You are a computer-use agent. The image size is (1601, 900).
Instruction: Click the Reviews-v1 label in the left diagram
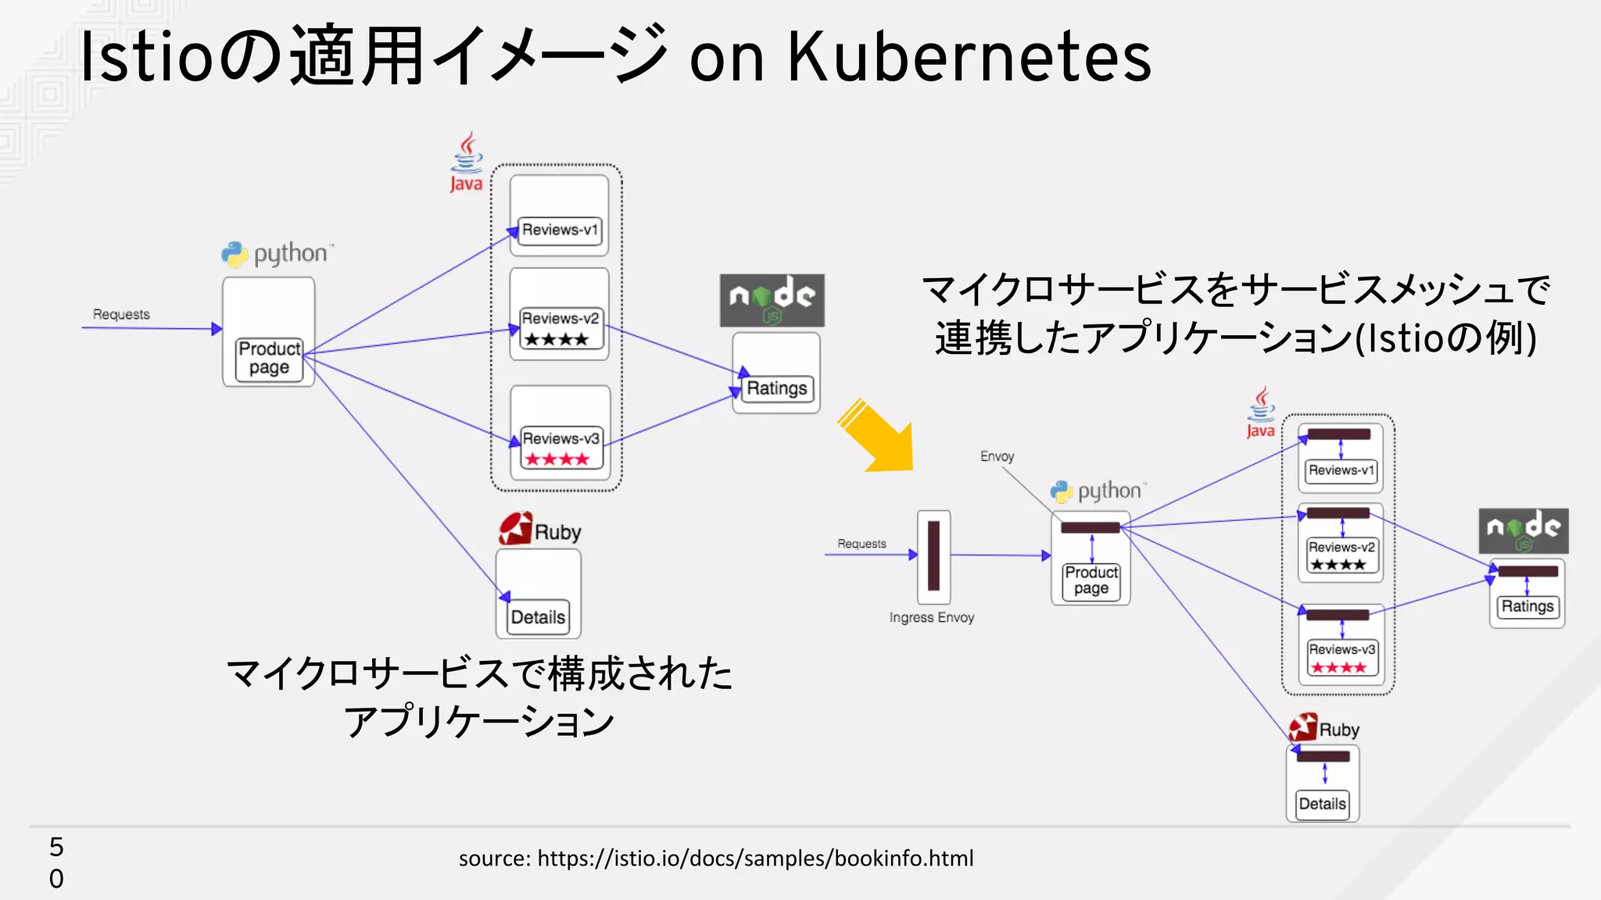[560, 230]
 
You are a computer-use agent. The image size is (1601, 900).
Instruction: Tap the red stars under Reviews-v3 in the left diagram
[557, 459]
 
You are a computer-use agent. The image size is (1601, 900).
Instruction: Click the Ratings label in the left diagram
[776, 388]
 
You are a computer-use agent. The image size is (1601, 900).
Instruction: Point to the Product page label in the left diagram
[269, 358]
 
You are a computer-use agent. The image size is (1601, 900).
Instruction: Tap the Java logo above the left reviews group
[467, 162]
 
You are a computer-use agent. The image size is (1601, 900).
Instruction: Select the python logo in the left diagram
[278, 254]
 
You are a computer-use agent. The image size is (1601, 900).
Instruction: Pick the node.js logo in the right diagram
[1523, 530]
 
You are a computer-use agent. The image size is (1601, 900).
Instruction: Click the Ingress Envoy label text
[931, 617]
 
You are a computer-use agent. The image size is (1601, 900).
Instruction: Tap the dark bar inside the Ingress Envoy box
[933, 555]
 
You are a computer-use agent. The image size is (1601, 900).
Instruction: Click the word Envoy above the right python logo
[997, 456]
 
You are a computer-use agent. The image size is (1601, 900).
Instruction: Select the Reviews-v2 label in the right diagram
[1341, 547]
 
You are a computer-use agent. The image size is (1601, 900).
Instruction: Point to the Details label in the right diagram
[1322, 804]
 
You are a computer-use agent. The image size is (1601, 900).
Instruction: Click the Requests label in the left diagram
[121, 314]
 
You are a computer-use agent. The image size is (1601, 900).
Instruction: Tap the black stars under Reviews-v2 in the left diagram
[556, 340]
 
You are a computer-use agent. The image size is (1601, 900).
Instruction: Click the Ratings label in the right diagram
[1527, 606]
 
